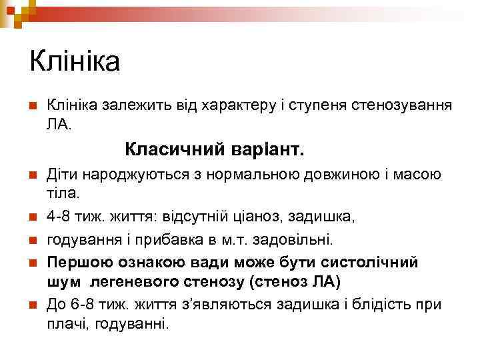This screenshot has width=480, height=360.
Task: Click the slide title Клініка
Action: pos(75,62)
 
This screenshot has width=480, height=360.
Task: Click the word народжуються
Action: pos(123,175)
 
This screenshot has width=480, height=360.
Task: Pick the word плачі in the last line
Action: pos(66,325)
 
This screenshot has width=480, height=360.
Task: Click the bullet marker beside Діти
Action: pos(32,175)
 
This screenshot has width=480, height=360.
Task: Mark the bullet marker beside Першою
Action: pos(32,262)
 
